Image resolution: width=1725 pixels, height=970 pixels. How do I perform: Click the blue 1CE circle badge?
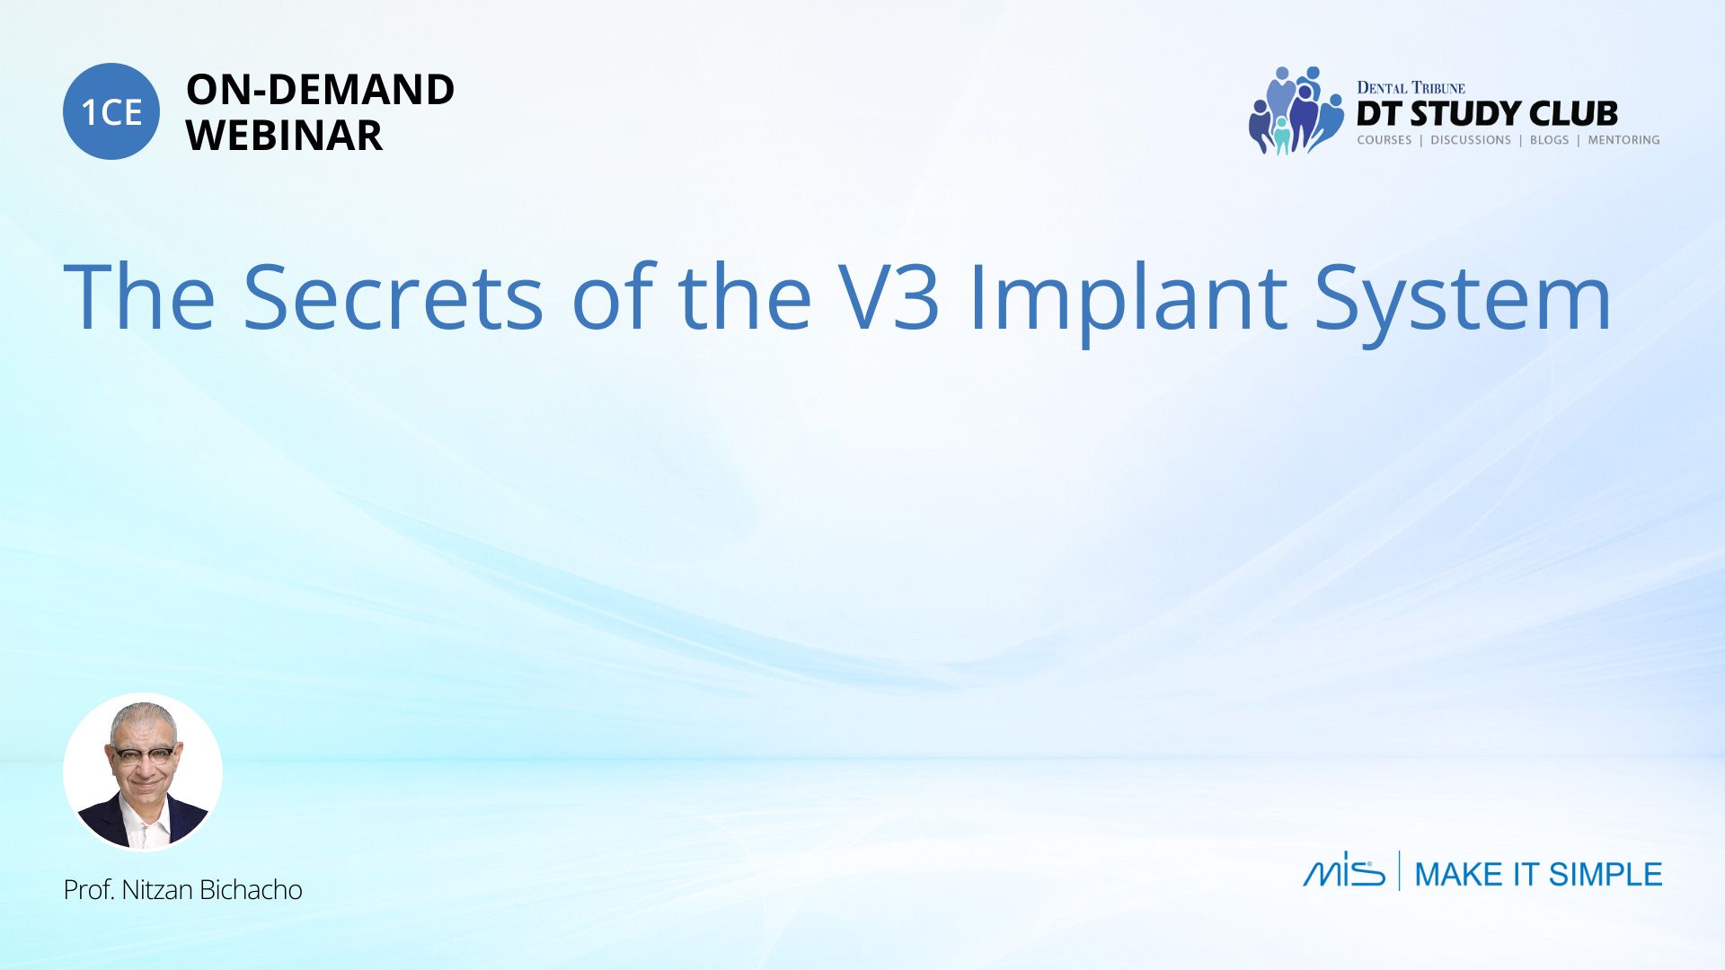pos(111,111)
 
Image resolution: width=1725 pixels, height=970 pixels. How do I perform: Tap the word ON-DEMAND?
pos(320,90)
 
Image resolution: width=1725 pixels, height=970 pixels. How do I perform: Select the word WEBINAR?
pos(284,136)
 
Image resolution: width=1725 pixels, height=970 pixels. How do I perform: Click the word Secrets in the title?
pos(394,296)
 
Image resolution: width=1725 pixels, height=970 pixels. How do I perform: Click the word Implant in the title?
pos(1128,301)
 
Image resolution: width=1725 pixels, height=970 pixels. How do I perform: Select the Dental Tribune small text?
pos(1411,87)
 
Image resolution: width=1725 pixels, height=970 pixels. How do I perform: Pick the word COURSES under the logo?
pos(1384,140)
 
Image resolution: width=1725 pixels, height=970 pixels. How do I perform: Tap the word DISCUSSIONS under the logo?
pos(1471,140)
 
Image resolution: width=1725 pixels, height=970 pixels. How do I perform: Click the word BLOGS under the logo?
pos(1549,140)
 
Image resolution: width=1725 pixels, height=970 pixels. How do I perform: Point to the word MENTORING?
pos(1623,140)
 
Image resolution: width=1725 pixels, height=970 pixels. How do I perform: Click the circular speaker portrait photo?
pos(143,772)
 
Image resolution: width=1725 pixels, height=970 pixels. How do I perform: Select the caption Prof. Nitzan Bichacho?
pos(182,889)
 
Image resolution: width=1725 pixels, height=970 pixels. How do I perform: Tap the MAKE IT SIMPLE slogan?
pos(1538,874)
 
